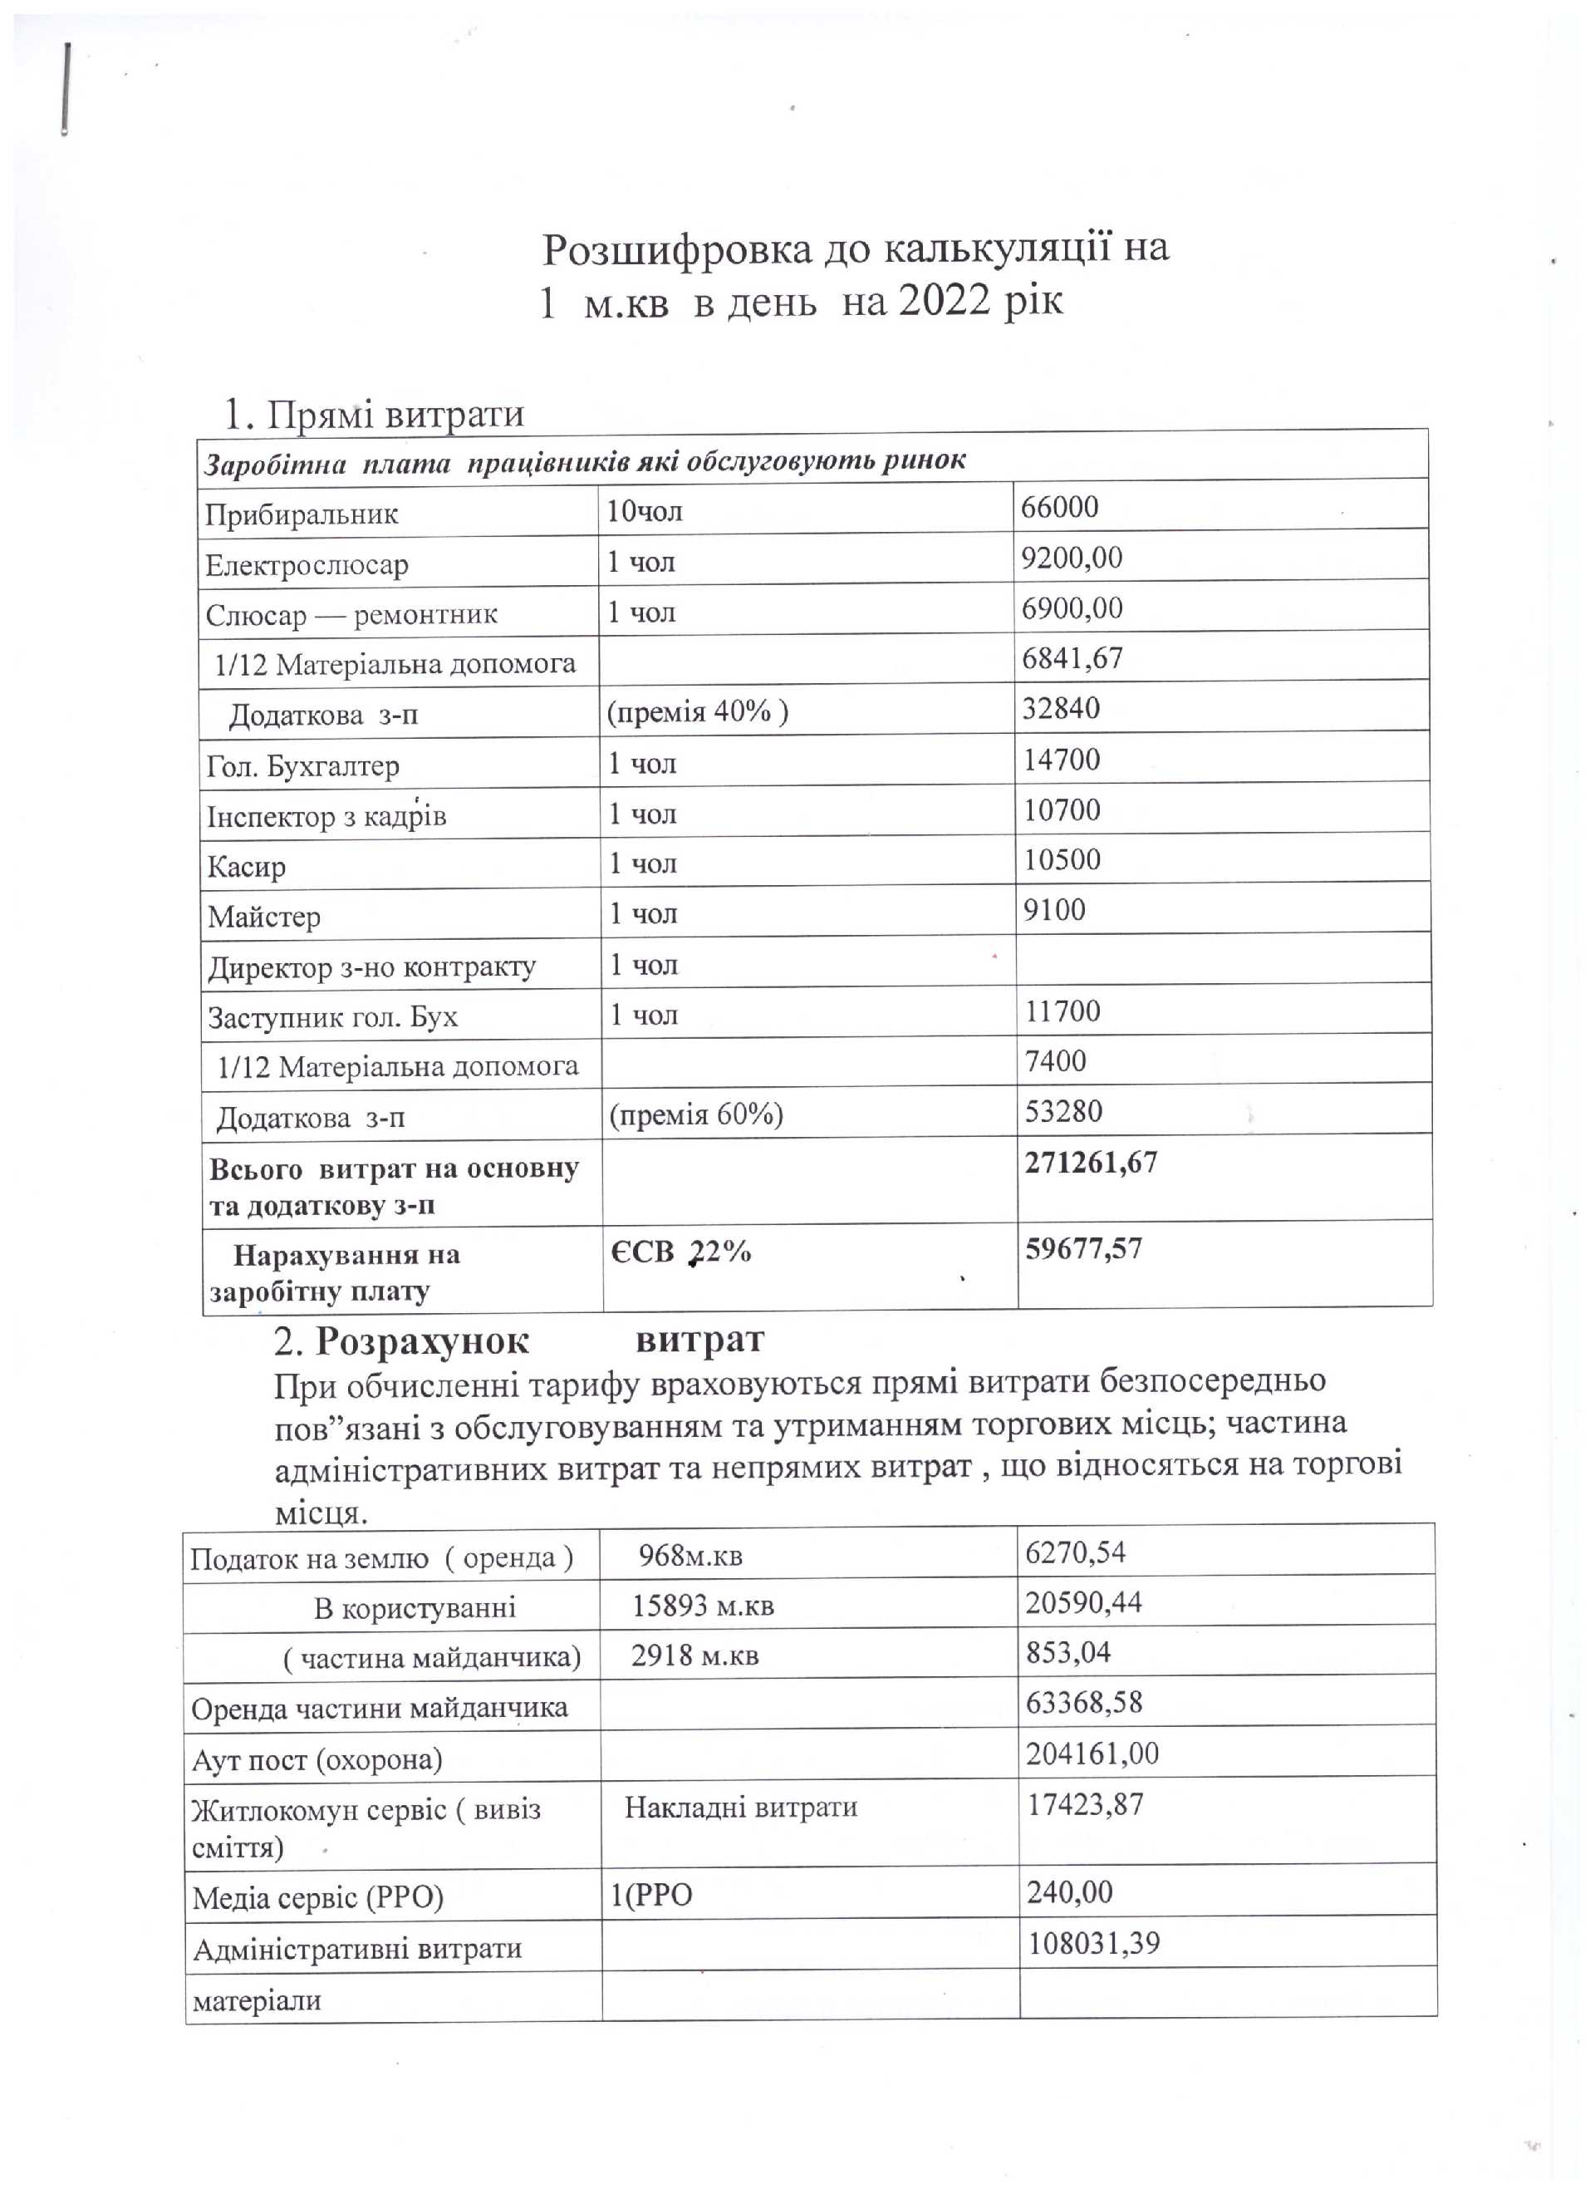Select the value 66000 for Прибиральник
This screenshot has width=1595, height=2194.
pyautogui.click(x=1060, y=507)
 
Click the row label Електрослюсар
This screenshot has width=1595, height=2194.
pyautogui.click(x=307, y=564)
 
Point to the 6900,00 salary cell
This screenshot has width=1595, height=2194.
pyautogui.click(x=1072, y=608)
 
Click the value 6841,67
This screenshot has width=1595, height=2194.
pyautogui.click(x=1072, y=658)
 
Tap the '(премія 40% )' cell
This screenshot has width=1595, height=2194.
pyautogui.click(x=697, y=711)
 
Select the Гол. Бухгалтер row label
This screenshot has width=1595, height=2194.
pyautogui.click(x=302, y=765)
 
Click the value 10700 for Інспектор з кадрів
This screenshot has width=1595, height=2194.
pyautogui.click(x=1062, y=809)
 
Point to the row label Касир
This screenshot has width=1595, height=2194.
pyautogui.click(x=247, y=866)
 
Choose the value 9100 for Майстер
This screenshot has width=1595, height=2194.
pyautogui.click(x=1054, y=909)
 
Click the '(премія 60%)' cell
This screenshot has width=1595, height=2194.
pyautogui.click(x=695, y=1114)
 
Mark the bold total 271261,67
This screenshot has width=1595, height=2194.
pyautogui.click(x=1091, y=1162)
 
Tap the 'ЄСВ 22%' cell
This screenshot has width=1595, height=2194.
pyautogui.click(x=681, y=1252)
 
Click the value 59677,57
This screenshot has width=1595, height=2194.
pyautogui.click(x=1083, y=1248)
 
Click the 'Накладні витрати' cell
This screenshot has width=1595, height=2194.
pyautogui.click(x=741, y=1806)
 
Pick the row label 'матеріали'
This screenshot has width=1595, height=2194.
pyautogui.click(x=257, y=2000)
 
